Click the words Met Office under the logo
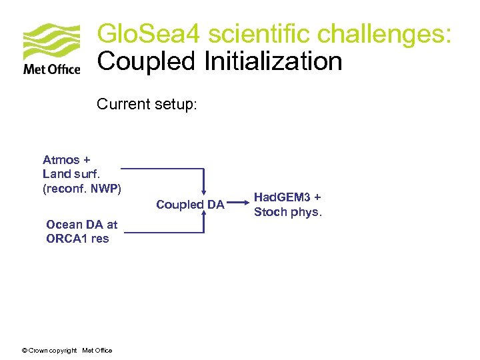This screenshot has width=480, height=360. tap(51, 69)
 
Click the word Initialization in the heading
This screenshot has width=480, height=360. tap(273, 61)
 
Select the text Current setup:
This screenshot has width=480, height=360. tap(147, 105)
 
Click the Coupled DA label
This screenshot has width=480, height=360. tap(190, 205)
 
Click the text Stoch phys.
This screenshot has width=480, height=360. tap(288, 212)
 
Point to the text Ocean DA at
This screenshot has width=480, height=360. tap(81, 225)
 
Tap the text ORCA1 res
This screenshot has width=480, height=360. tap(77, 239)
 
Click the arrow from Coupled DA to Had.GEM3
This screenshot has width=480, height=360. tap(239, 204)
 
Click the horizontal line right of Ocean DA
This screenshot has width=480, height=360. tap(163, 232)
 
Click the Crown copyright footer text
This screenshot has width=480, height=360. tap(67, 351)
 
